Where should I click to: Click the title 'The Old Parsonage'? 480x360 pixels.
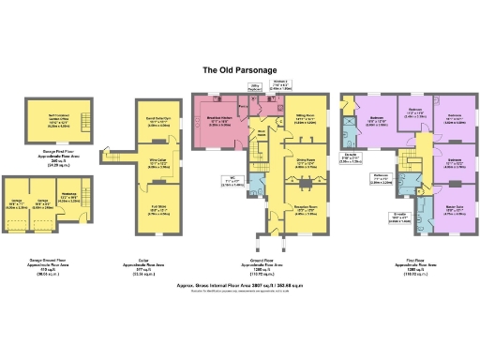coord(239,69)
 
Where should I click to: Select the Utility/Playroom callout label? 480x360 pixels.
coord(254,88)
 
